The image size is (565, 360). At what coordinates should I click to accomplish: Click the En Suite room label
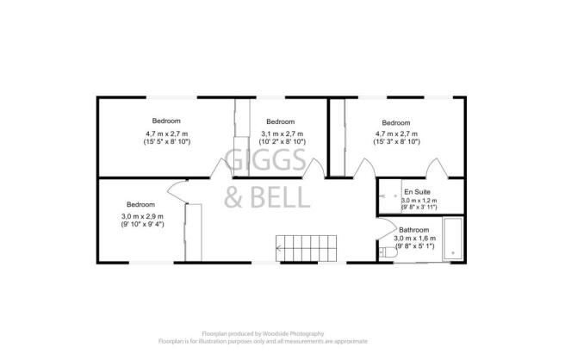pyautogui.click(x=417, y=192)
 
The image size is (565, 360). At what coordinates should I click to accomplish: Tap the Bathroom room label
pyautogui.click(x=413, y=230)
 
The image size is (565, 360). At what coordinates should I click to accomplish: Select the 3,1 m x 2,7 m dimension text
pyautogui.click(x=282, y=133)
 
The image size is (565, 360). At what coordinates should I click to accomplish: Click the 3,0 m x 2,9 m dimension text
pyautogui.click(x=142, y=216)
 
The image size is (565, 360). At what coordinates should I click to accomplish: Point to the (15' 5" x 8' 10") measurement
pyautogui.click(x=167, y=141)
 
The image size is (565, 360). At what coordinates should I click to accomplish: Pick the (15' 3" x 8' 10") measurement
pyautogui.click(x=396, y=141)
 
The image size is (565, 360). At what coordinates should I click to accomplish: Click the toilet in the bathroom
pyautogui.click(x=388, y=251)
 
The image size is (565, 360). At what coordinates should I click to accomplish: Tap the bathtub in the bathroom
pyautogui.click(x=452, y=238)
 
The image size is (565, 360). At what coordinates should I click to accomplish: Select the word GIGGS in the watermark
pyautogui.click(x=265, y=160)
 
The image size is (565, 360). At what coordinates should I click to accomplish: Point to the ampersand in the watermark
pyautogui.click(x=233, y=197)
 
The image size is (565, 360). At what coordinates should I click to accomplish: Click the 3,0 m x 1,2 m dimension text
pyautogui.click(x=419, y=201)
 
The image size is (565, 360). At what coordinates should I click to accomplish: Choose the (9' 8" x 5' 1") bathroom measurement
pyautogui.click(x=415, y=246)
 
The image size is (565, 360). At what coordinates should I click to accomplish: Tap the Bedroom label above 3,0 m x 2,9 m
pyautogui.click(x=140, y=204)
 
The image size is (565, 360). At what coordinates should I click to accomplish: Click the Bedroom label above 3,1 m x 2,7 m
pyautogui.click(x=280, y=121)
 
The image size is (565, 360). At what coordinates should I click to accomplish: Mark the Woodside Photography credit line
pyautogui.click(x=263, y=333)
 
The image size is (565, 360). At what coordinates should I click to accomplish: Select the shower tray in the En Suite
pyautogui.click(x=390, y=196)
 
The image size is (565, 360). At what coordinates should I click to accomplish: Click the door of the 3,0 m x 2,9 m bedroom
pyautogui.click(x=177, y=191)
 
